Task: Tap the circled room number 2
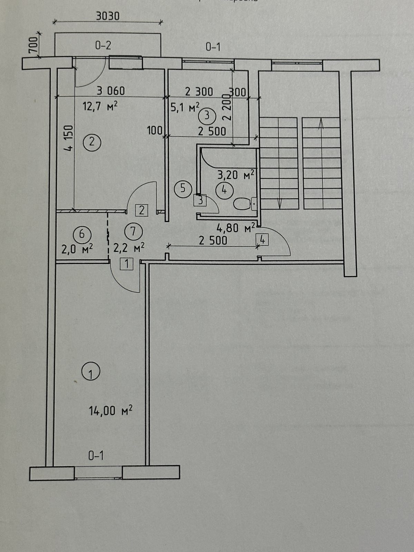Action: coord(92,142)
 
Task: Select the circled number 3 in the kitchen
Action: coord(207,116)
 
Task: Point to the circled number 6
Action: coord(82,234)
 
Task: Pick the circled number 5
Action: coord(183,188)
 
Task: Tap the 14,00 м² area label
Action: coord(111,411)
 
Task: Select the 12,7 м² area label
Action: coord(100,106)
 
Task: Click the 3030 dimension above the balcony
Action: coord(108,16)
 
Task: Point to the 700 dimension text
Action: coord(33,45)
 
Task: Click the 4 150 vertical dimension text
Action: coord(69,138)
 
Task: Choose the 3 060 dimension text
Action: coord(110,91)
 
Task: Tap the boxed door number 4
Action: coord(262,239)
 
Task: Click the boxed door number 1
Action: coord(127,264)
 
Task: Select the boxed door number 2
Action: coord(142,210)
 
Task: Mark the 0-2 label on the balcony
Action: coord(103,45)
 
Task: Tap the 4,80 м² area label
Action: coord(236,228)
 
